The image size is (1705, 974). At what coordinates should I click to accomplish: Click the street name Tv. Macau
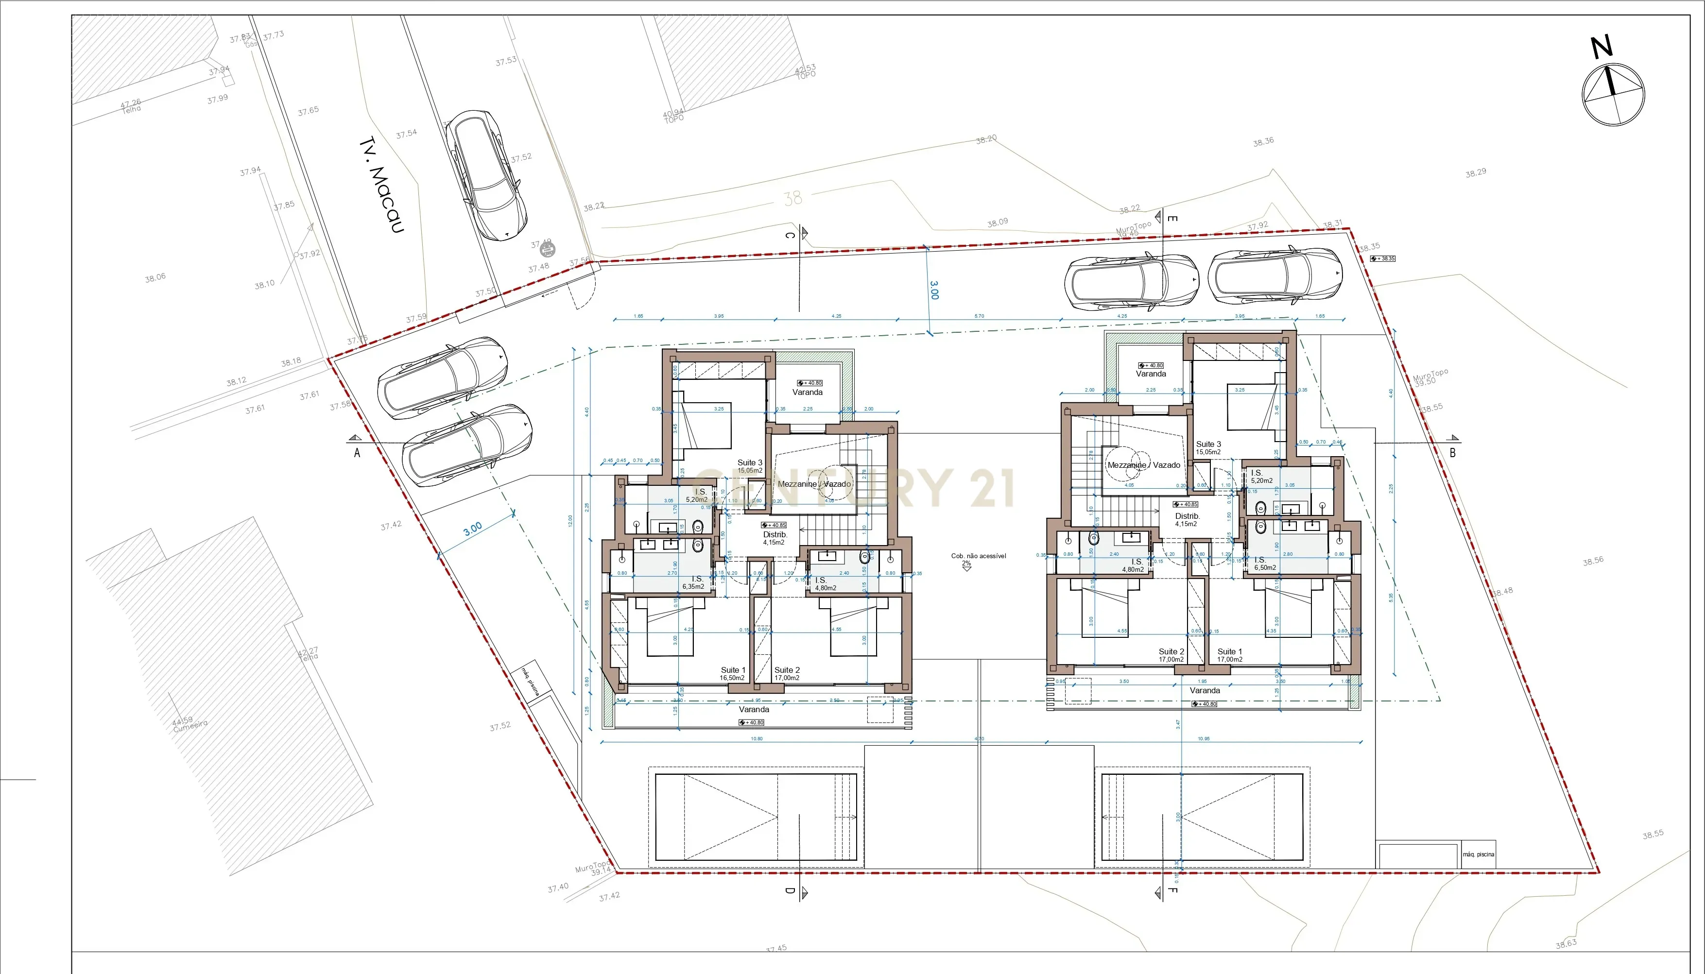382,185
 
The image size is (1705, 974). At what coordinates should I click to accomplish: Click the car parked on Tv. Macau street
486,175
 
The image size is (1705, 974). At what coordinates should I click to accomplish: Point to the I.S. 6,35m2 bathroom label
694,582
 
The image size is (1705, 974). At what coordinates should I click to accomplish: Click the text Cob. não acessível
978,556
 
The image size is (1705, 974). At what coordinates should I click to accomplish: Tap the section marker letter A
357,453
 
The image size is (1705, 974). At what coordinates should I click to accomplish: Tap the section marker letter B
1452,453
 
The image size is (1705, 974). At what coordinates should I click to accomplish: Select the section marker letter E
1172,218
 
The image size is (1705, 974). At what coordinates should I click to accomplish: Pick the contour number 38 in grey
792,198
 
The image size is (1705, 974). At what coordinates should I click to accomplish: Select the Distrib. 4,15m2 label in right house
1187,520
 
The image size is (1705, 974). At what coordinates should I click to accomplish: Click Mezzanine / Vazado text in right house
1143,465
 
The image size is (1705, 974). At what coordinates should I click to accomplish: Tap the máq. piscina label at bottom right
1478,854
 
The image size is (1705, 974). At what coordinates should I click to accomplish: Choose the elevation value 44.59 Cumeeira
189,723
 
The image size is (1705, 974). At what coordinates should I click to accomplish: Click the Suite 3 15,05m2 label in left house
749,466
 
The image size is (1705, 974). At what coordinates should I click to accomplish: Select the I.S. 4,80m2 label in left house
825,584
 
